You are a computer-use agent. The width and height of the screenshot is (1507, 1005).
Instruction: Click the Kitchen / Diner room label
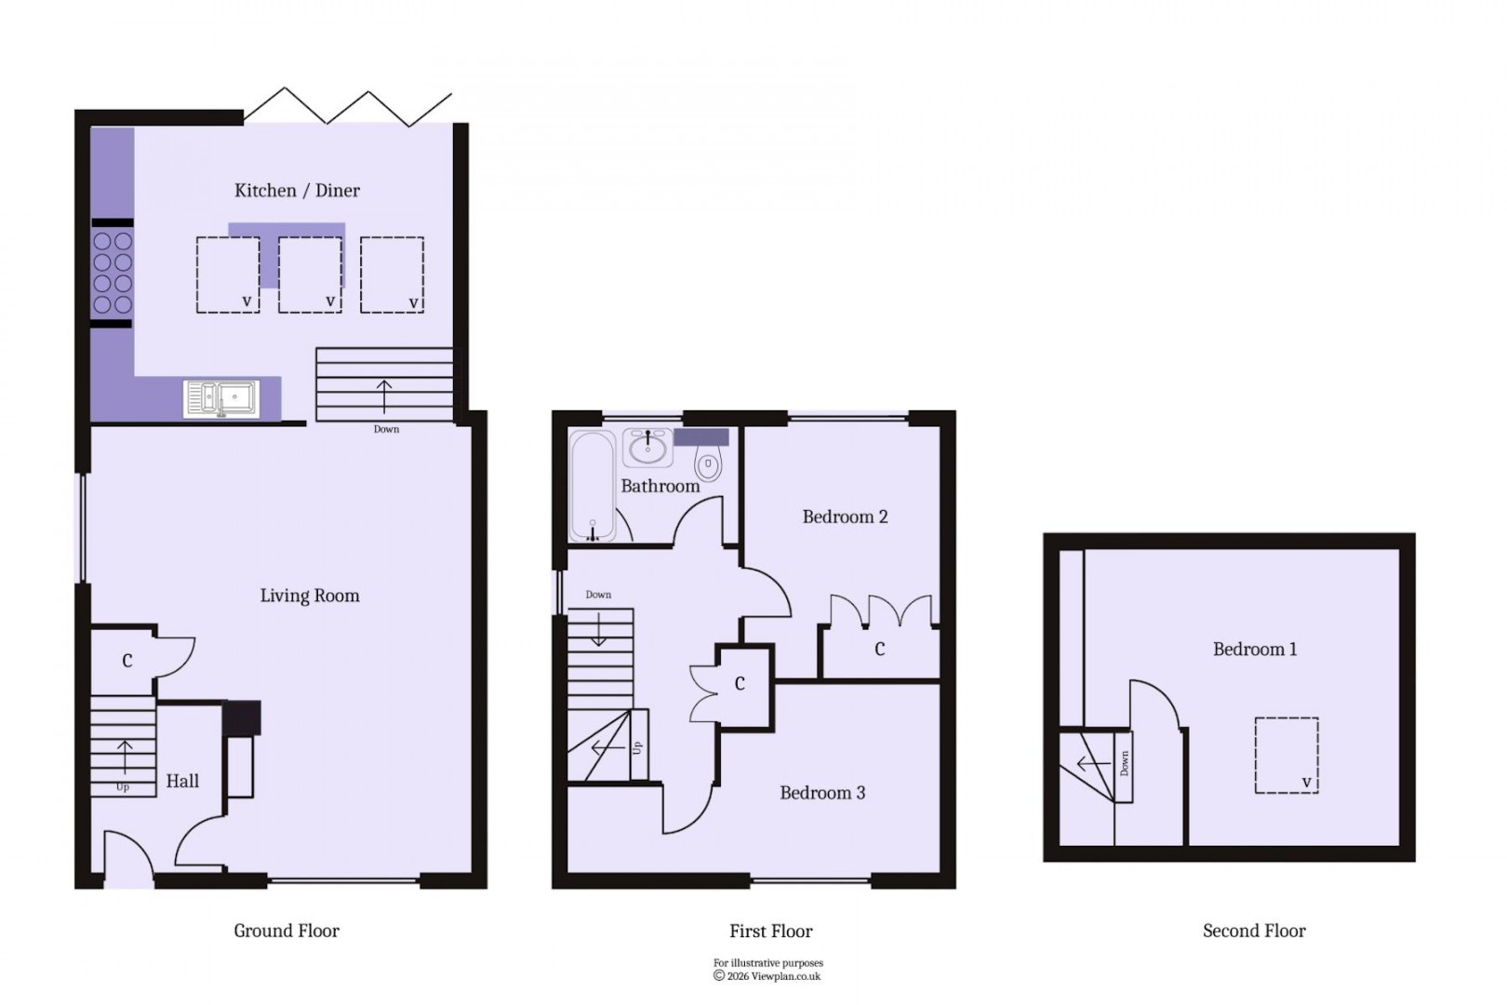297,191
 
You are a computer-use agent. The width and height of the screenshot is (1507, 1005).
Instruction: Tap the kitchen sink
220,398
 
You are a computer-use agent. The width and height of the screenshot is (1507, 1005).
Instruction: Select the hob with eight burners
113,273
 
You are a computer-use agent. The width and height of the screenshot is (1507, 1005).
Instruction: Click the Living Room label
310,596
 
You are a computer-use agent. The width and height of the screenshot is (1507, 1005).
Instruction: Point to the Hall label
182,782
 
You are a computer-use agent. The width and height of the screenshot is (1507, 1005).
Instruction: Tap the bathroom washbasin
647,449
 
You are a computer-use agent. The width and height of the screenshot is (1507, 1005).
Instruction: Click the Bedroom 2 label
845,517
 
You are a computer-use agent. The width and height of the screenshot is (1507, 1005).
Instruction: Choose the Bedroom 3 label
822,793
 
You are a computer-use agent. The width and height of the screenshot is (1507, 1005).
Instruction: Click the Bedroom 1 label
1255,650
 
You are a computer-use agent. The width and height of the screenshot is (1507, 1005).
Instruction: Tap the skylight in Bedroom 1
1287,755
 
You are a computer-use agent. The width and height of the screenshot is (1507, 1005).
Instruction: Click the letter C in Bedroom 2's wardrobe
879,650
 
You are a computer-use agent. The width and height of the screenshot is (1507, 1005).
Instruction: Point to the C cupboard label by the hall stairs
127,661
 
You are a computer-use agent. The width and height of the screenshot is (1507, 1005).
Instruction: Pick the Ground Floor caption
287,931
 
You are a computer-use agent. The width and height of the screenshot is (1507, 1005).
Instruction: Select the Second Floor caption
1254,931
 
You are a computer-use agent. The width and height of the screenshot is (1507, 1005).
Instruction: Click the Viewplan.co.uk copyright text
768,976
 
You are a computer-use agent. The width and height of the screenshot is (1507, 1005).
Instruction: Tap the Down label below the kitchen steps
386,429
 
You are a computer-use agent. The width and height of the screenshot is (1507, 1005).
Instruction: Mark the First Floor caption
771,931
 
